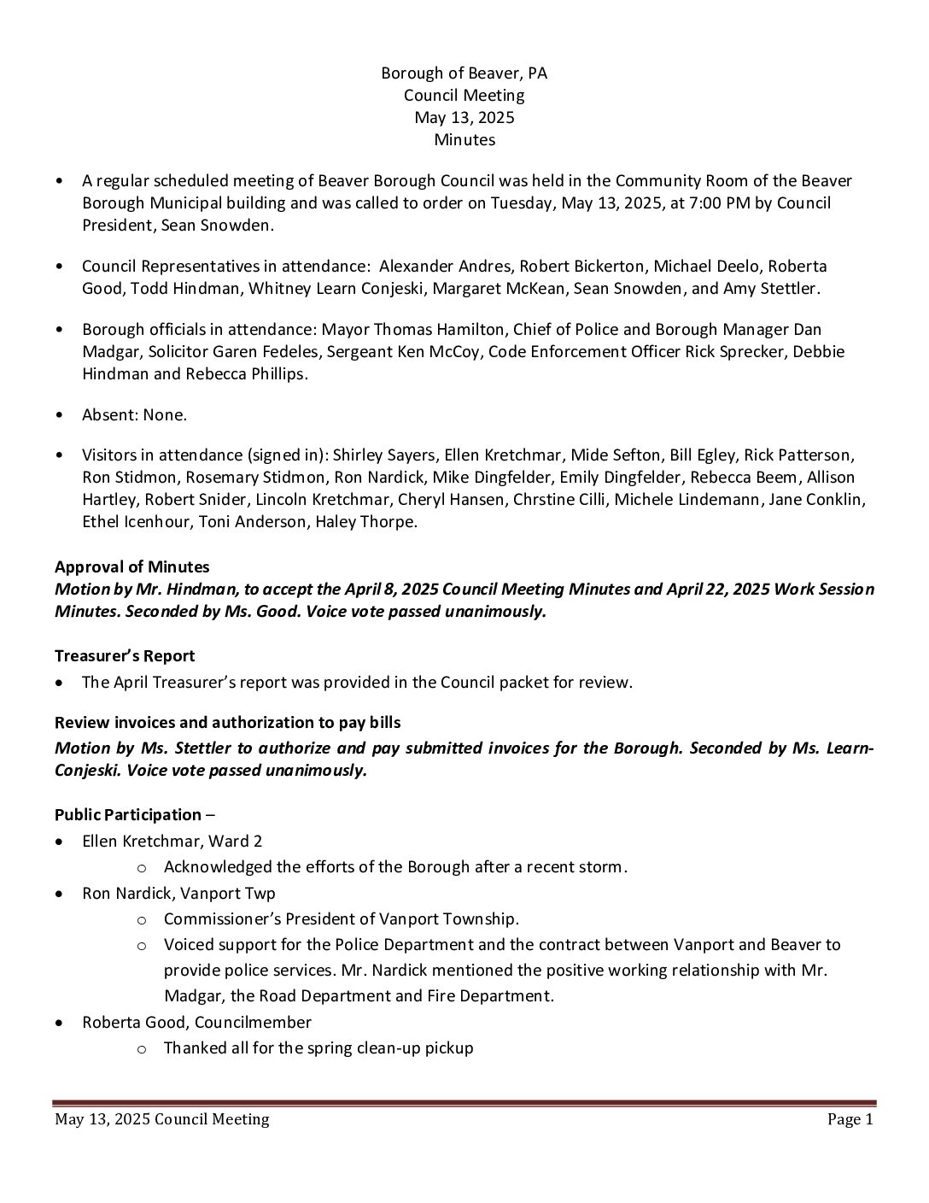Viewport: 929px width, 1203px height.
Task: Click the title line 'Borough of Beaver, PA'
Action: tap(464, 73)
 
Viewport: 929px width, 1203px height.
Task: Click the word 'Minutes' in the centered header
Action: tap(464, 140)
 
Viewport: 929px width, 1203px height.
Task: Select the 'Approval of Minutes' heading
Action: tap(132, 567)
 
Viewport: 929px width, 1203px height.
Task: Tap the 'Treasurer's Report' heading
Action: tap(125, 656)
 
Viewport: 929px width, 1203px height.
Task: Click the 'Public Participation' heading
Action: tap(128, 815)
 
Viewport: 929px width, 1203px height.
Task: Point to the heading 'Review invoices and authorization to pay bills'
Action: tap(227, 723)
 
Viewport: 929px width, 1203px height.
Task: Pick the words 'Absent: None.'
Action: tap(134, 415)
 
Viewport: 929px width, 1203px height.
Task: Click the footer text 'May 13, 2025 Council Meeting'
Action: tap(161, 1119)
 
